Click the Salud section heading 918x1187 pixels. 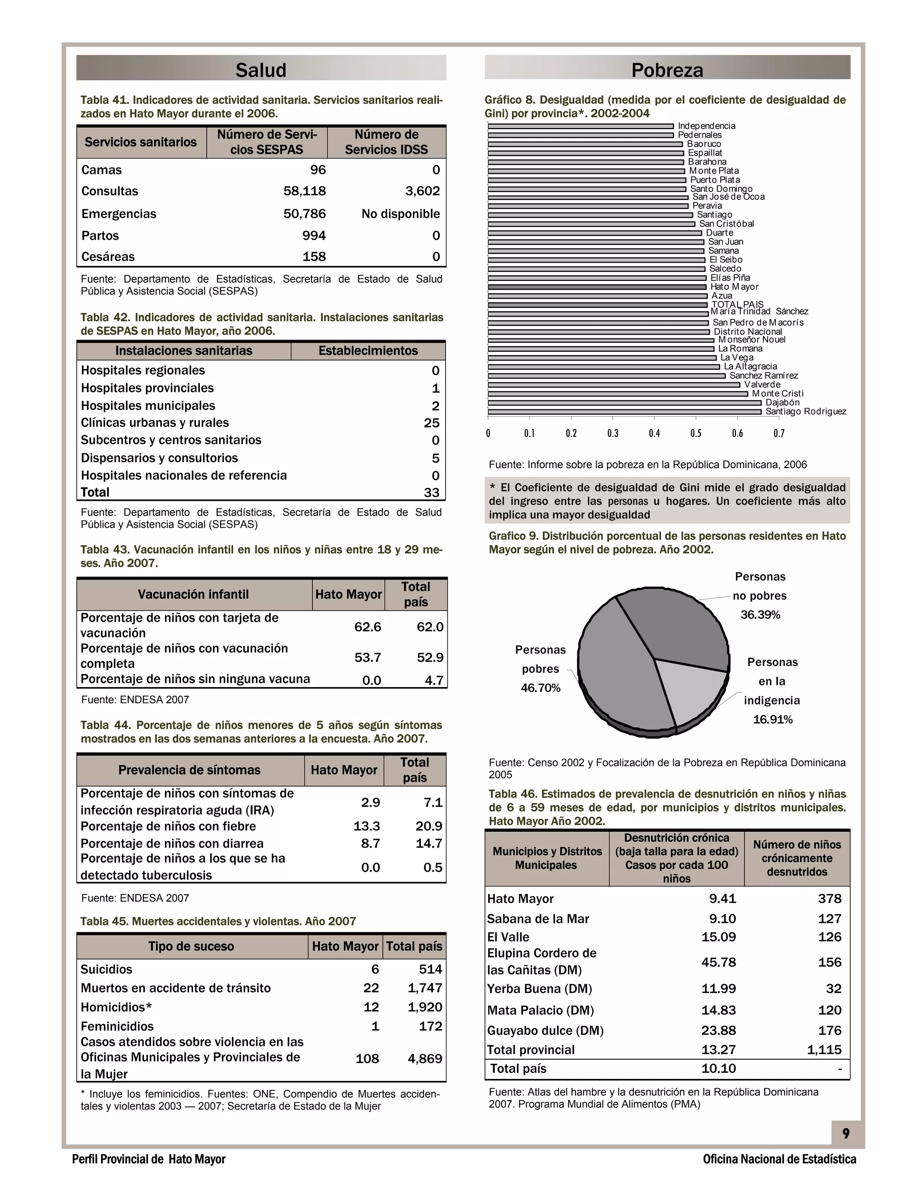tap(260, 70)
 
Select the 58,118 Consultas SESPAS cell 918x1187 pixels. tap(304, 191)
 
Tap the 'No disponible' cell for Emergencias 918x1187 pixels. tap(400, 214)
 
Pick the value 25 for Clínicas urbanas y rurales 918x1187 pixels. tap(432, 423)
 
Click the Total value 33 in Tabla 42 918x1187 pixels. tap(432, 492)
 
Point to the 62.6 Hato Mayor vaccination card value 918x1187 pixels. tap(368, 627)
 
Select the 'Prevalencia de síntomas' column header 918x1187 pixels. tap(189, 770)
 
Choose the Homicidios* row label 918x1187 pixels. tap(117, 1007)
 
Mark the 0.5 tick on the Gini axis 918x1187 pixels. tap(696, 433)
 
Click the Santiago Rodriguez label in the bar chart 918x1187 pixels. tap(805, 412)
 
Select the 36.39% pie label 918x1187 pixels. tap(760, 615)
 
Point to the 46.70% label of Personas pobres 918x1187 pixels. tap(540, 688)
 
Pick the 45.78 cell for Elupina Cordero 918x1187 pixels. tap(719, 963)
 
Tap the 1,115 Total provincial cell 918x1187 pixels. tap(824, 1050)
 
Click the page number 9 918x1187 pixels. tap(846, 1134)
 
